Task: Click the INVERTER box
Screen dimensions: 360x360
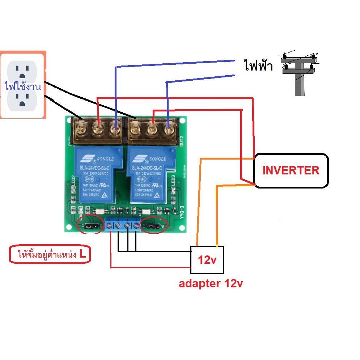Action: click(291, 170)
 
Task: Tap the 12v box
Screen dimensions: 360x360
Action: click(207, 259)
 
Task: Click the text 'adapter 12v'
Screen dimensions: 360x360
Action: click(211, 284)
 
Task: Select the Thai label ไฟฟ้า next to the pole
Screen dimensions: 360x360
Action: click(257, 67)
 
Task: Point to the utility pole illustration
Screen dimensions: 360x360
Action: click(299, 74)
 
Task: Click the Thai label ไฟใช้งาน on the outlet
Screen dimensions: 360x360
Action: click(22, 87)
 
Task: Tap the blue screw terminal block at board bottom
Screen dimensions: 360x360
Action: click(123, 225)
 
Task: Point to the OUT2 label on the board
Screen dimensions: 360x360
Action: click(182, 140)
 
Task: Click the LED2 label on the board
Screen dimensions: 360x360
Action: click(73, 180)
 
